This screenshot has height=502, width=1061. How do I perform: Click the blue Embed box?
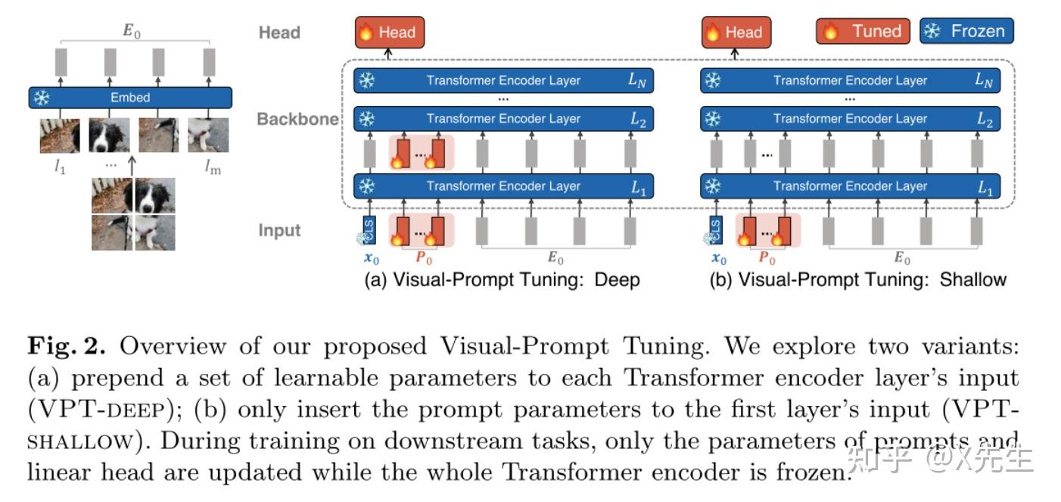pyautogui.click(x=130, y=98)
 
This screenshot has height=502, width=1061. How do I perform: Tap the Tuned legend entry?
pyautogui.click(x=863, y=31)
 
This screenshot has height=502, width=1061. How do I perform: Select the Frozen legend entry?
pyautogui.click(x=966, y=31)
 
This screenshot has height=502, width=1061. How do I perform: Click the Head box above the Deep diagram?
pyautogui.click(x=390, y=32)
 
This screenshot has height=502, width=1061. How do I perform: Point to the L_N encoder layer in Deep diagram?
pyautogui.click(x=503, y=80)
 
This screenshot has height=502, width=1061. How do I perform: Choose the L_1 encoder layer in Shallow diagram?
pyautogui.click(x=850, y=186)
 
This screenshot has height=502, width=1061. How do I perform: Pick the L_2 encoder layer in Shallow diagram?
pyautogui.click(x=850, y=119)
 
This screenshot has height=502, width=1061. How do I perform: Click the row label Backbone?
pyautogui.click(x=297, y=120)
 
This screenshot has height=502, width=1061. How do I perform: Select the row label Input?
pyautogui.click(x=279, y=230)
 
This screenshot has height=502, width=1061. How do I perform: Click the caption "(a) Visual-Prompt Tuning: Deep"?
pyautogui.click(x=502, y=280)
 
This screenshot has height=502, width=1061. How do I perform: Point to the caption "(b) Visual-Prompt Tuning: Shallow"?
pyautogui.click(x=857, y=280)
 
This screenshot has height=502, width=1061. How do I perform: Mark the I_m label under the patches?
pyautogui.click(x=213, y=168)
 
